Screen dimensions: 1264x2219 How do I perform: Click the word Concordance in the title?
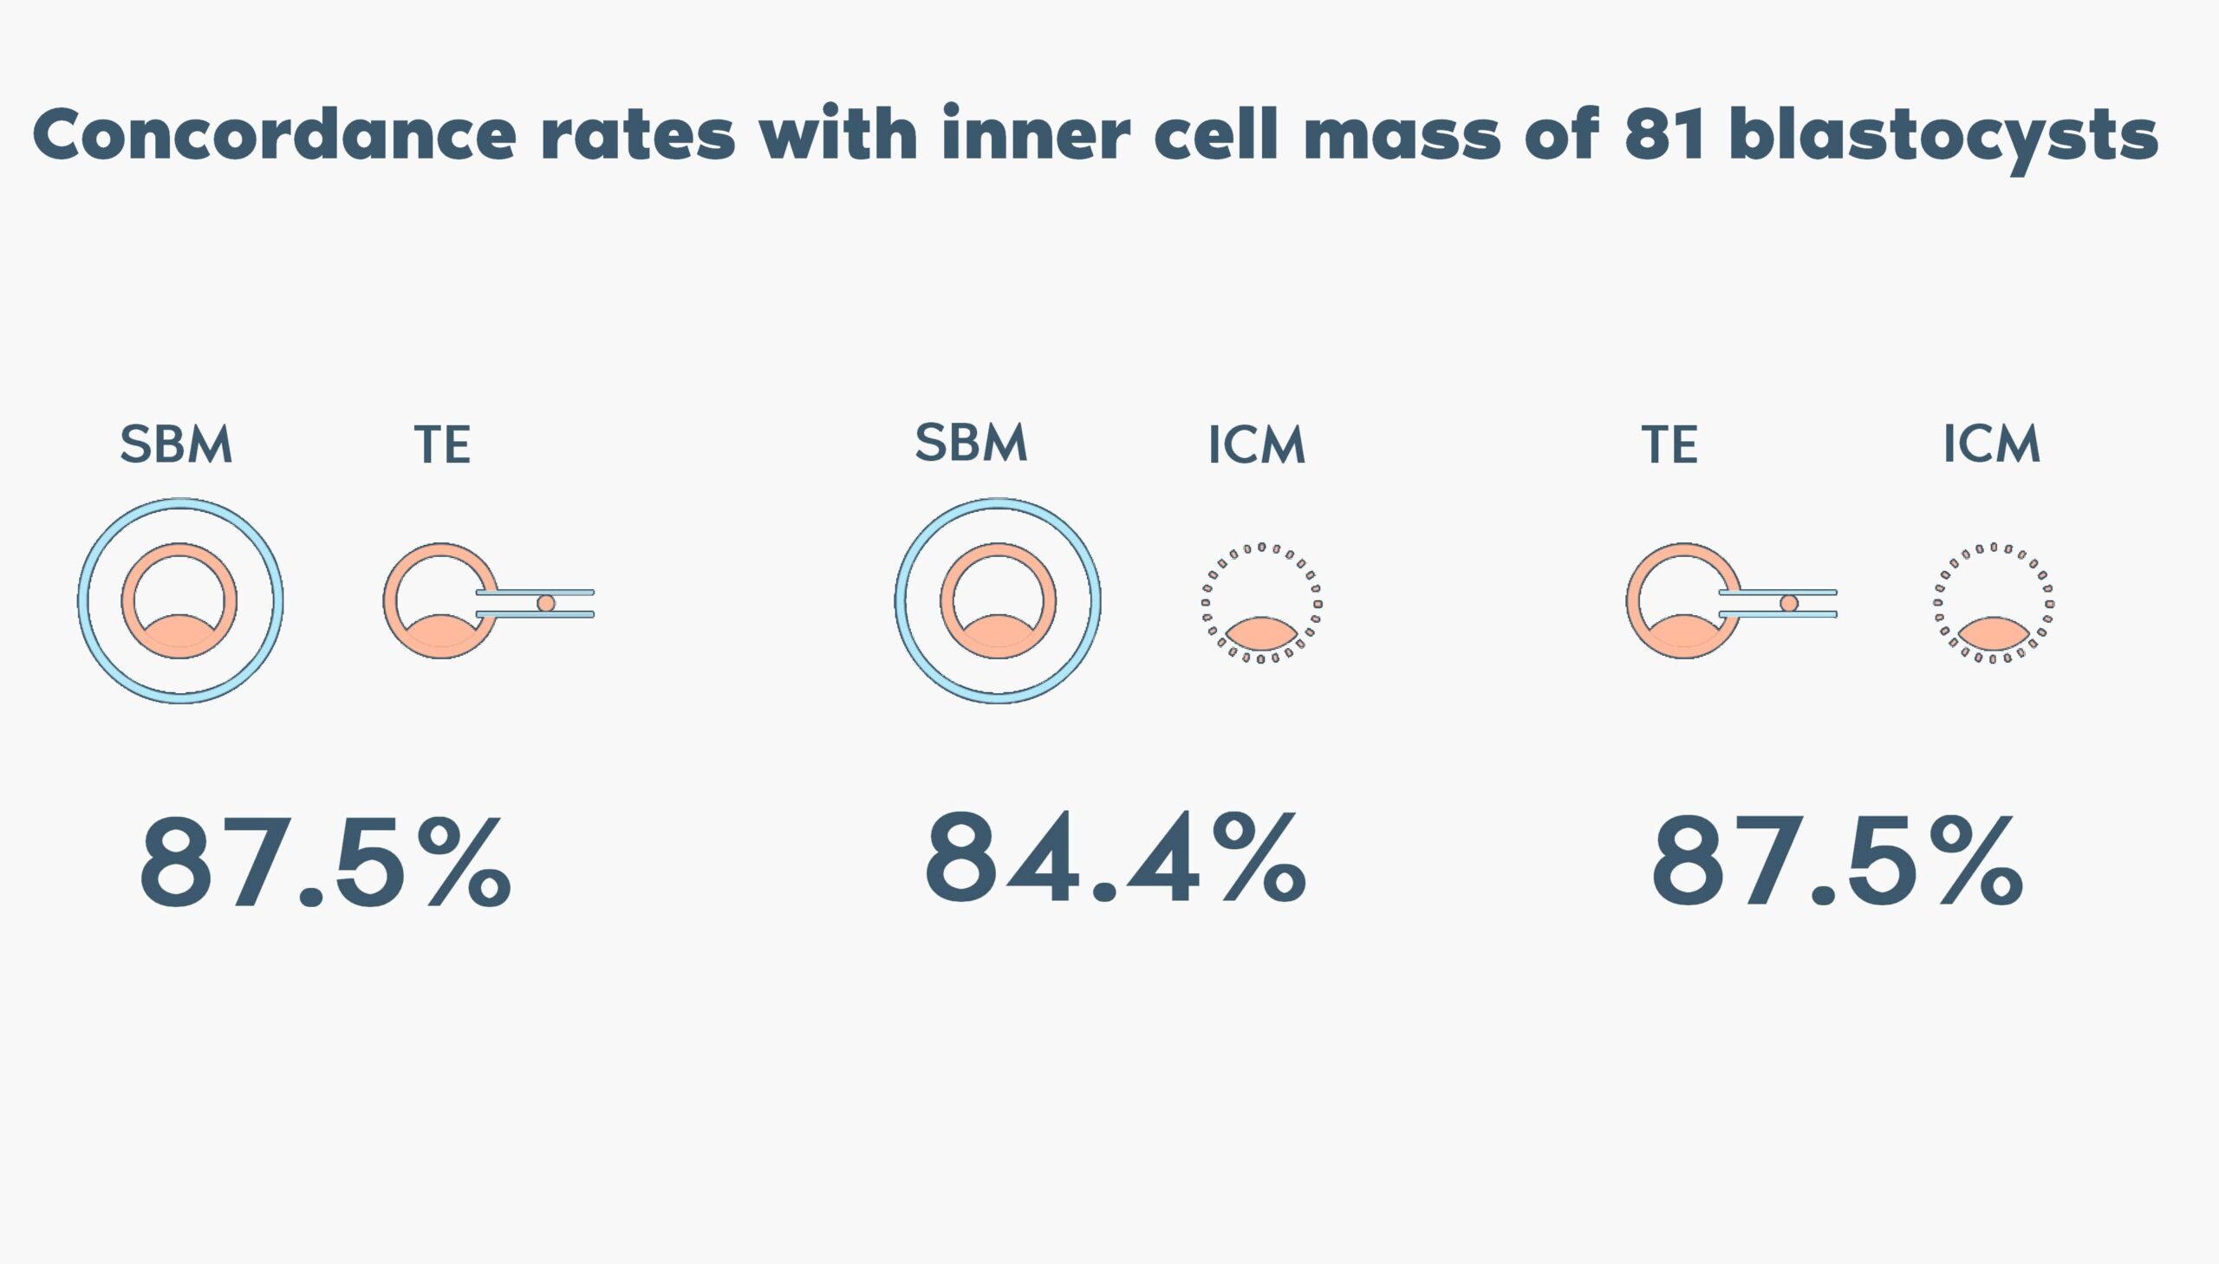(x=275, y=134)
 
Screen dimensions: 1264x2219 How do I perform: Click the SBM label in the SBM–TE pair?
(x=176, y=444)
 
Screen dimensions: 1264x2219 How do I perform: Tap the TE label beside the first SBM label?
(x=442, y=444)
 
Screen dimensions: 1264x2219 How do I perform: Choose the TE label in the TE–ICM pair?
(x=1669, y=444)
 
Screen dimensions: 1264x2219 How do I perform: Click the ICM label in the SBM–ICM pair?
(x=1257, y=444)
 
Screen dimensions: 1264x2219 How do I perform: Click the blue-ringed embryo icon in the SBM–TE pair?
(x=180, y=600)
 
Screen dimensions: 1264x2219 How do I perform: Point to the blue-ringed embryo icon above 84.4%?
(x=998, y=600)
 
